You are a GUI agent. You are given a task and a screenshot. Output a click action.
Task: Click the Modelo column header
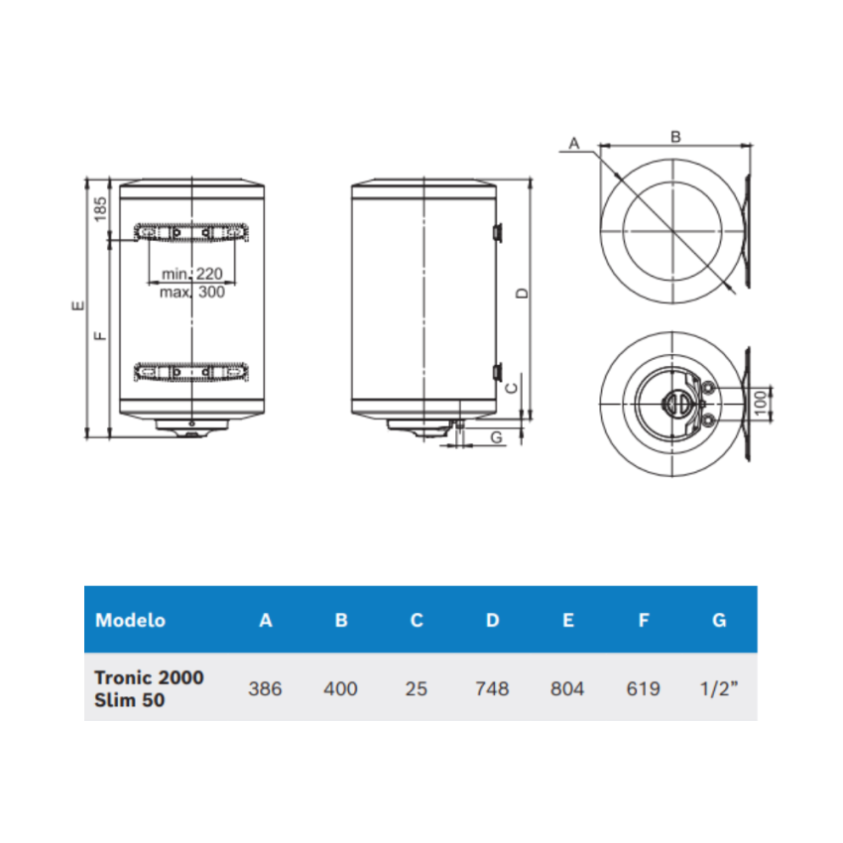click(x=130, y=620)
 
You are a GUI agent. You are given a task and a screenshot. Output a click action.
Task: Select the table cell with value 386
click(x=265, y=688)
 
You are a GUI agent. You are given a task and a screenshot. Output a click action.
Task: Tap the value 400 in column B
click(x=340, y=688)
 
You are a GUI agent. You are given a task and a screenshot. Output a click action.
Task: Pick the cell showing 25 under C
click(x=417, y=688)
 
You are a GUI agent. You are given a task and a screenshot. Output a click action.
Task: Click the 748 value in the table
click(x=492, y=688)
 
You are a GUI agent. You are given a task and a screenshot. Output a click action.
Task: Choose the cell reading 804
click(x=567, y=688)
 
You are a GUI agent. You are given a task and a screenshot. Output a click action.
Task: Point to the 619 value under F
click(x=643, y=688)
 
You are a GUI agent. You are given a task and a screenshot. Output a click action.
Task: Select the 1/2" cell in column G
click(x=719, y=688)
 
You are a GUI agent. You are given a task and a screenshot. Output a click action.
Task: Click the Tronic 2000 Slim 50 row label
click(x=149, y=688)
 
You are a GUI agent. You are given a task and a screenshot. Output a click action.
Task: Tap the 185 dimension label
click(x=99, y=209)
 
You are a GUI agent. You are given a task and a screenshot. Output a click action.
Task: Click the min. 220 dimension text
click(x=192, y=274)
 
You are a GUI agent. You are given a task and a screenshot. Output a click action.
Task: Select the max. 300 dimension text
click(x=192, y=292)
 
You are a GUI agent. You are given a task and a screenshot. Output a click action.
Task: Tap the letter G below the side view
click(x=496, y=436)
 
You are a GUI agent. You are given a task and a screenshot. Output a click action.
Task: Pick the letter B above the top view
click(x=675, y=138)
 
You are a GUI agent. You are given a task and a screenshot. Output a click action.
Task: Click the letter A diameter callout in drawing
click(x=572, y=145)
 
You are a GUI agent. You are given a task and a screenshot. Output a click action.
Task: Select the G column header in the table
click(x=719, y=620)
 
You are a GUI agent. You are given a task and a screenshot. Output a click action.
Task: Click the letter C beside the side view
click(x=511, y=388)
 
